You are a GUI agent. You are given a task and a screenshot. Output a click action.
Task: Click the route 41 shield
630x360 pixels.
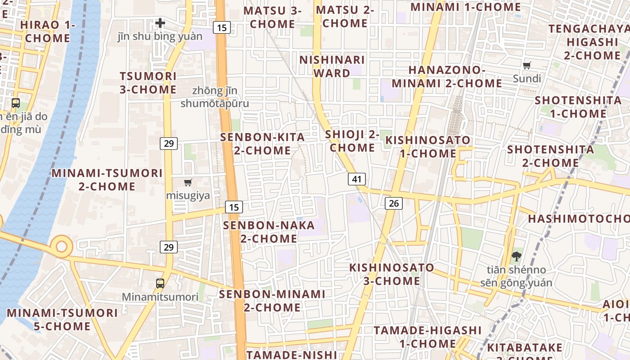pyautogui.click(x=357, y=179)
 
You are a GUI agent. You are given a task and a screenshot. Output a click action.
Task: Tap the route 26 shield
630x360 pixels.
pyautogui.click(x=394, y=203)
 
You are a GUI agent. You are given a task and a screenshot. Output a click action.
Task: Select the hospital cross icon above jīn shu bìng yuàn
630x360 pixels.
pyautogui.click(x=160, y=23)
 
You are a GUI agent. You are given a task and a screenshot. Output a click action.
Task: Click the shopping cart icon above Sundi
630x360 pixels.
pyautogui.click(x=527, y=65)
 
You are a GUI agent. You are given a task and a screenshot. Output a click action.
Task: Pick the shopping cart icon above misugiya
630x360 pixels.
pyautogui.click(x=188, y=182)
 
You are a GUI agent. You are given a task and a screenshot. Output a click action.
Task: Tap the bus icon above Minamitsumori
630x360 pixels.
pyautogui.click(x=160, y=283)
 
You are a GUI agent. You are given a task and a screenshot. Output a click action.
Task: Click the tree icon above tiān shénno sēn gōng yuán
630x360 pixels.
pyautogui.click(x=516, y=256)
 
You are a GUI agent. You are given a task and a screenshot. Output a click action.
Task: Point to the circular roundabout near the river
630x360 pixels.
pyautogui.click(x=61, y=247)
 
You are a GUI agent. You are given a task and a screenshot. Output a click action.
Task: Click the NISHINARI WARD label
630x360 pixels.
pyautogui.click(x=332, y=66)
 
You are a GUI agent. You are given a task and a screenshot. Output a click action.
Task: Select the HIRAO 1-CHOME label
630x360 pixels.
pyautogui.click(x=48, y=31)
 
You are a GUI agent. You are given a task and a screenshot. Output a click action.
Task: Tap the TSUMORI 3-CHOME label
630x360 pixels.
pyautogui.click(x=148, y=82)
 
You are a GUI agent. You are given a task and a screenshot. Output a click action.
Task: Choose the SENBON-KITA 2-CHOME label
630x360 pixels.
pyautogui.click(x=262, y=144)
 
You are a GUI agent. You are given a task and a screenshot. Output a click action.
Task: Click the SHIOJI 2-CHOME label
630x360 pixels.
pyautogui.click(x=352, y=140)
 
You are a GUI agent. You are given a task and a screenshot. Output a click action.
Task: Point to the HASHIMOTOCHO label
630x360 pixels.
pyautogui.click(x=579, y=219)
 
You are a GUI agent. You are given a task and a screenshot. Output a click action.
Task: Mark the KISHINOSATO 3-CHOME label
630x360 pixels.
pyautogui.click(x=391, y=274)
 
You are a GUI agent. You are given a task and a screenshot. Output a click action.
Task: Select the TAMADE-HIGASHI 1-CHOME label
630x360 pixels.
pyautogui.click(x=427, y=337)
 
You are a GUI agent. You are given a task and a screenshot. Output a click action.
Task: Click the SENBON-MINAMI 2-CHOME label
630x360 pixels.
pyautogui.click(x=272, y=301)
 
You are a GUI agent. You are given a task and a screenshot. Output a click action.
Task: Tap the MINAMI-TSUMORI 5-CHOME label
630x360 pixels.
pyautogui.click(x=62, y=319)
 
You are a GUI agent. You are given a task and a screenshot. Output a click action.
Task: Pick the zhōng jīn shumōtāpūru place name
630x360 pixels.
pyautogui.click(x=215, y=97)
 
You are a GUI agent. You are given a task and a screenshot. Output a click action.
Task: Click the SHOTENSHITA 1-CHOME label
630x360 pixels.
pyautogui.click(x=578, y=107)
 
